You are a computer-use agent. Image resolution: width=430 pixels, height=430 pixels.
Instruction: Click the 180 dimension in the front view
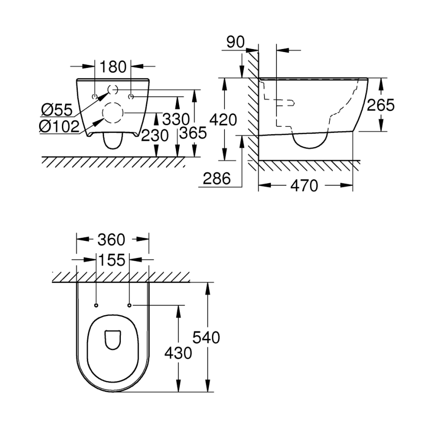[113, 66]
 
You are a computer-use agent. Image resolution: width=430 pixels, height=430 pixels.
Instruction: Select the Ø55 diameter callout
[57, 109]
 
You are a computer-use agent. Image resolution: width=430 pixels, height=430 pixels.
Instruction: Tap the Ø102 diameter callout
[59, 127]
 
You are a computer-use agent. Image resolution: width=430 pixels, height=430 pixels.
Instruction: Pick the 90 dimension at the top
[236, 42]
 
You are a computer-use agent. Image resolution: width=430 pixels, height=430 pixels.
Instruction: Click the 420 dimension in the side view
[224, 119]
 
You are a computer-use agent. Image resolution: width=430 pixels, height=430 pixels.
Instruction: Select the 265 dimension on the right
[380, 105]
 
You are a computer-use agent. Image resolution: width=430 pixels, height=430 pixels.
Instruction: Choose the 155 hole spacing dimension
[111, 260]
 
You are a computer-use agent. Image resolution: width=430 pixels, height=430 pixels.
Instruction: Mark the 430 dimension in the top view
[178, 353]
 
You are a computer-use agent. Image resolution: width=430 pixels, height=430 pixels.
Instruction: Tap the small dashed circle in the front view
[113, 90]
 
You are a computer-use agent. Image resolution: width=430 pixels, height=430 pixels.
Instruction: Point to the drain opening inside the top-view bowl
[113, 339]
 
